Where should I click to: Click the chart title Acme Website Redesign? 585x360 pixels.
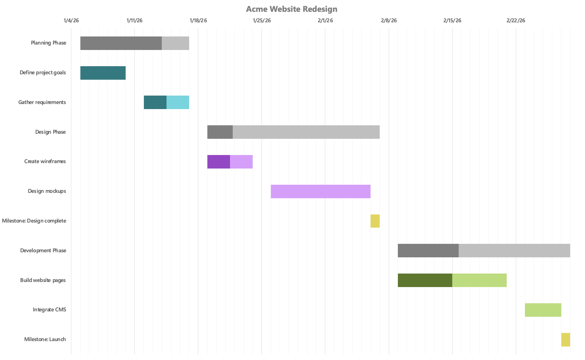291,9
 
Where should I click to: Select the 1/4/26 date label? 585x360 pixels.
71,21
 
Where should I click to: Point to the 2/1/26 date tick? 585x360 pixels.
325,21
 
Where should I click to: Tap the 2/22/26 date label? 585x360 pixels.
516,21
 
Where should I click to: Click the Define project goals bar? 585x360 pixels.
103,73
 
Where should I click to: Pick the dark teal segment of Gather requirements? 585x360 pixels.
155,102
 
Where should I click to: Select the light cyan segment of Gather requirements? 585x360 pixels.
178,102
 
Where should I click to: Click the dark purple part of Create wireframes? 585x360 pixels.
219,162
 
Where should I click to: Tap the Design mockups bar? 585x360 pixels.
321,191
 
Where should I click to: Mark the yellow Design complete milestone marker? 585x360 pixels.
375,221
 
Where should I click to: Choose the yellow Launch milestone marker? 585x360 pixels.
565,340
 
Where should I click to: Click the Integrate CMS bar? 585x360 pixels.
543,310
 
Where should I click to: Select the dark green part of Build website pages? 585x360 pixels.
425,280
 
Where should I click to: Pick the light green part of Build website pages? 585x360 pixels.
479,280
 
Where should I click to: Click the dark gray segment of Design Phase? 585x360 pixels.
220,132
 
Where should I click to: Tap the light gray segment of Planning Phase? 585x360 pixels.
175,43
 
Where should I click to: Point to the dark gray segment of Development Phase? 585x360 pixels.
428,251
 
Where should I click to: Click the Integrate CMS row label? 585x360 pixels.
49,310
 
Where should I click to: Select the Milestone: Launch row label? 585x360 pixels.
45,339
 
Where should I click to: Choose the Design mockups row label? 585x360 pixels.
47,191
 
